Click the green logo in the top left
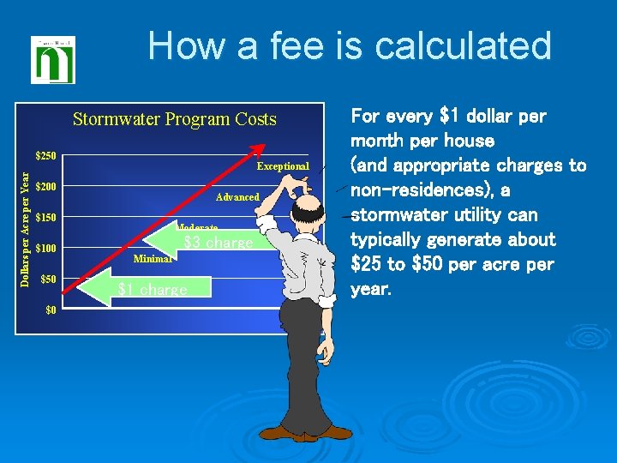pos(53,59)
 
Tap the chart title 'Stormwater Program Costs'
pos(175,119)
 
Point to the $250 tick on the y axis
pos(46,156)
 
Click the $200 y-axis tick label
pos(46,187)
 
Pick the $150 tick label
pos(46,218)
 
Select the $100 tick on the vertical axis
pos(46,249)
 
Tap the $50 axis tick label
pos(49,280)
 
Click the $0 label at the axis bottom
pos(51,310)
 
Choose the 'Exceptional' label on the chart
pos(283,166)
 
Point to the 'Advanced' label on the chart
pos(237,197)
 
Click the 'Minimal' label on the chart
pos(153,257)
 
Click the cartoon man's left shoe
pos(302,435)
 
